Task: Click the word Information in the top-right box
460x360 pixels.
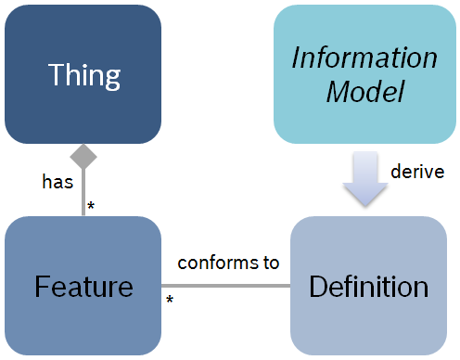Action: point(364,58)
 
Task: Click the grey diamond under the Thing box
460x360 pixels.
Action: point(83,154)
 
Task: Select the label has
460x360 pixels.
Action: point(57,183)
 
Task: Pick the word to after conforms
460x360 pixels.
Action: point(270,263)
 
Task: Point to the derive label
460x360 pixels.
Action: point(415,172)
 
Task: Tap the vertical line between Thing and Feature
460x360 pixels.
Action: point(83,190)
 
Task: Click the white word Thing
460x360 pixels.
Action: point(83,73)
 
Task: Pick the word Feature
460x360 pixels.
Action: point(83,286)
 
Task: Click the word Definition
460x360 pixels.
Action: point(368,286)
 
